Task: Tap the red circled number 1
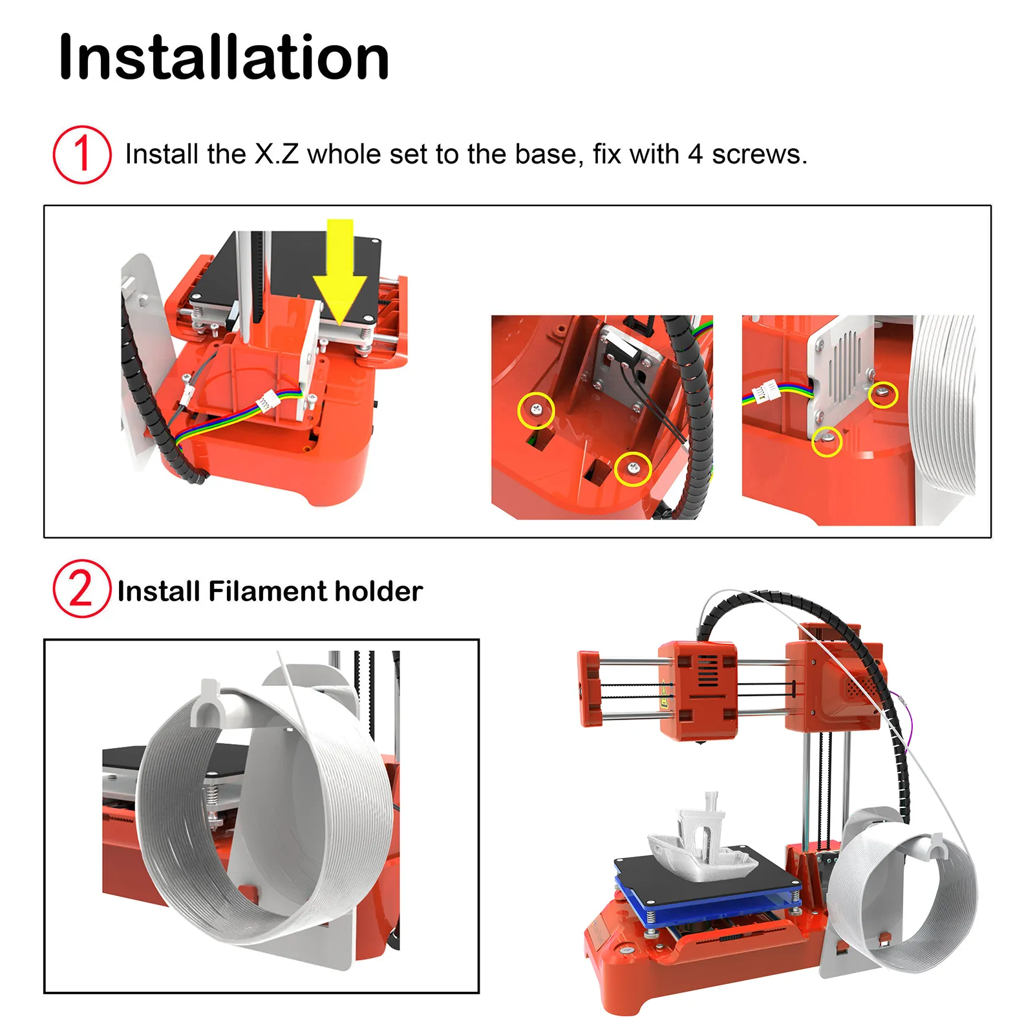pos(82,155)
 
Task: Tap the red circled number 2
pos(82,589)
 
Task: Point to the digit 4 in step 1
pos(696,155)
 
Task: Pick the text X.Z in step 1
pos(277,155)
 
